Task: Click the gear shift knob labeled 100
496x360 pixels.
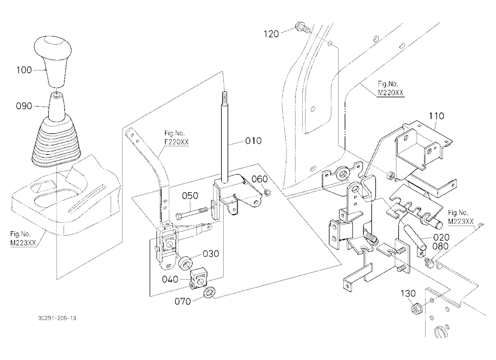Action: point(53,60)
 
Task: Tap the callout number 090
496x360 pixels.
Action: point(24,106)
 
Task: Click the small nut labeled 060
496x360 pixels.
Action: point(267,192)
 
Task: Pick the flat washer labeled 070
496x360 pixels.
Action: point(209,292)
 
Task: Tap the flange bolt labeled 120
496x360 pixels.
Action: point(303,27)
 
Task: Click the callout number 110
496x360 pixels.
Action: point(436,116)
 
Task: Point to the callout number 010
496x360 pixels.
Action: point(253,140)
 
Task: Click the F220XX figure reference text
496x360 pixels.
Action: point(177,142)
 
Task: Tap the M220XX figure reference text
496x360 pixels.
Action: point(391,93)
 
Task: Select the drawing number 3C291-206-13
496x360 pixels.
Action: point(57,318)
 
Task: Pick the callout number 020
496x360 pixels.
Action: point(441,237)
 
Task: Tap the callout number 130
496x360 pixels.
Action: point(408,294)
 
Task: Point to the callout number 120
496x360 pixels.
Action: point(271,34)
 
